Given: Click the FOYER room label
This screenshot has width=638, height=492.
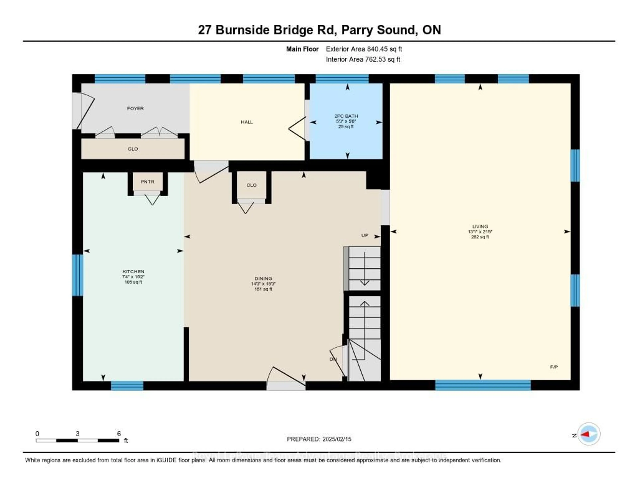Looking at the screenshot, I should click(x=135, y=108).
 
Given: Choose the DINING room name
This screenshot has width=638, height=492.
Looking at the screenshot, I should click(x=263, y=279).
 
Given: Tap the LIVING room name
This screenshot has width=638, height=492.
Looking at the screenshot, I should click(x=480, y=226).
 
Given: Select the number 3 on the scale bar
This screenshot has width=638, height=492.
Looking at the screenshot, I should click(x=77, y=434).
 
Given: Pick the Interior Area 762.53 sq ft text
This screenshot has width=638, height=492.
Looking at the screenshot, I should click(x=363, y=60).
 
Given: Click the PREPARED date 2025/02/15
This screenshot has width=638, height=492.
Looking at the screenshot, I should click(x=336, y=439).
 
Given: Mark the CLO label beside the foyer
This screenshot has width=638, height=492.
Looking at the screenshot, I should click(x=133, y=149).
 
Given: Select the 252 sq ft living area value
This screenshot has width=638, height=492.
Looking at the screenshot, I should click(x=480, y=237).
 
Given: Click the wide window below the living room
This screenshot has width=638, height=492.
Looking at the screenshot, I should click(x=483, y=385).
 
